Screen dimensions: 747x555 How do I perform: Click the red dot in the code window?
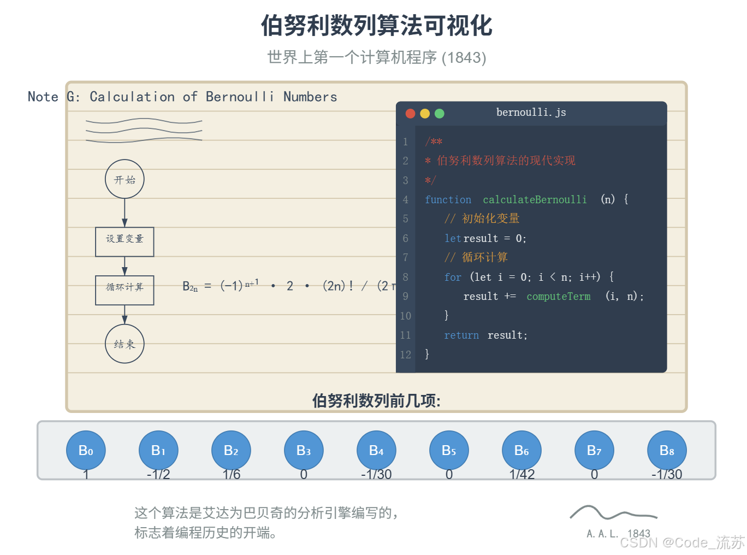411,114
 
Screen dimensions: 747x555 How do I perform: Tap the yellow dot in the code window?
425,114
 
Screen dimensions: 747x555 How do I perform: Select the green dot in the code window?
440,114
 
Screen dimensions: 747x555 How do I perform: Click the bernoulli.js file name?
531,113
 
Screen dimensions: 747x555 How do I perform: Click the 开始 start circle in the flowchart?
124,179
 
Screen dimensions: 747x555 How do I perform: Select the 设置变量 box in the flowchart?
124,241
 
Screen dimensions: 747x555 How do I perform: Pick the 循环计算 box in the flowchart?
124,290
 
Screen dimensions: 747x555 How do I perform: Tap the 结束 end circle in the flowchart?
124,344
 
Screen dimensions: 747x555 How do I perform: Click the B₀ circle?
86,450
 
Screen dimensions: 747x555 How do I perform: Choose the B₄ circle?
376,450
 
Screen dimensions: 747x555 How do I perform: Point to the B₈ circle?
667,450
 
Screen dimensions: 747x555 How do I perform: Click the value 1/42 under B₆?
521,474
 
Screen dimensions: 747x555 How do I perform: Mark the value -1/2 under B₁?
158,474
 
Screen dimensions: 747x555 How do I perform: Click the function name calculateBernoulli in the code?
535,200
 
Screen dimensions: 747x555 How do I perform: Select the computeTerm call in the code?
558,297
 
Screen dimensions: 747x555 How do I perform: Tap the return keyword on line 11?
461,335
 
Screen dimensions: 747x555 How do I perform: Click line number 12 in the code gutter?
405,355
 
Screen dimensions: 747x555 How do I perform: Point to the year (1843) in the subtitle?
464,57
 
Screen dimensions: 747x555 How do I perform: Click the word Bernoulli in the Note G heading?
240,97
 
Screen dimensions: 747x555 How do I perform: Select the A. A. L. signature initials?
602,534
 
